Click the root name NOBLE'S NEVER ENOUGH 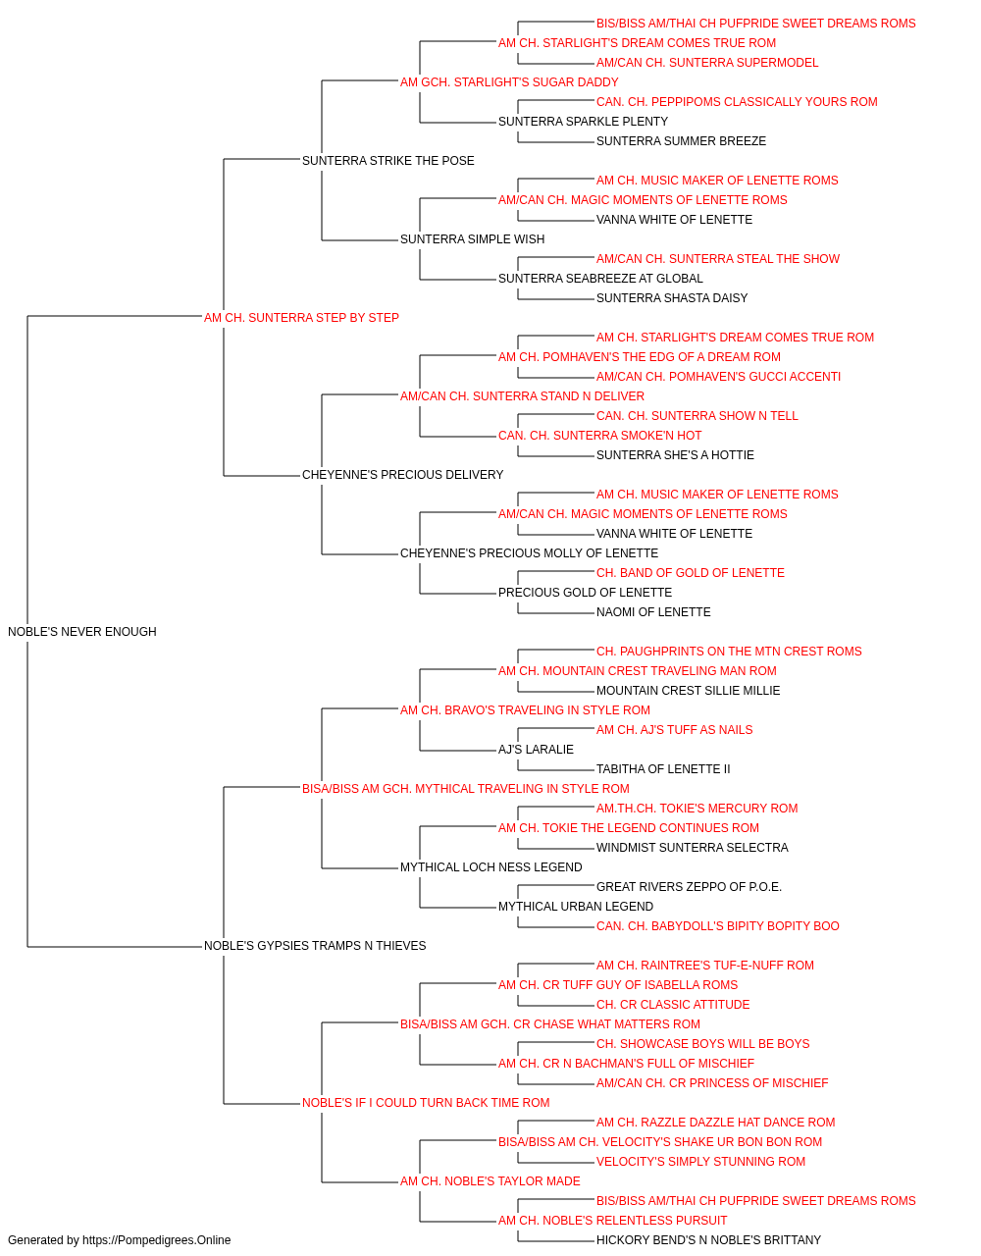[x=82, y=632]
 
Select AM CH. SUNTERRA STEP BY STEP [x=301, y=318]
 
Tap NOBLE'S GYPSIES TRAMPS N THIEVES [x=315, y=946]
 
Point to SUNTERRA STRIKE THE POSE [x=387, y=161]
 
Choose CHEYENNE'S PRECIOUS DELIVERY [x=402, y=475]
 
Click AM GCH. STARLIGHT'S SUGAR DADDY [x=509, y=82]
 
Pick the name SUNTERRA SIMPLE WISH [x=472, y=239]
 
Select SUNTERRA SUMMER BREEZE [x=681, y=141]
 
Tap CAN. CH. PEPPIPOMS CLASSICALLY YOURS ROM [x=737, y=102]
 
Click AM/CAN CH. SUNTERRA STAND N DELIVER [x=522, y=396]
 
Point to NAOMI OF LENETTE [x=653, y=612]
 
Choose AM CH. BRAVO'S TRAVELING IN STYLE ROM [x=525, y=710]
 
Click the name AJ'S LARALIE [x=536, y=750]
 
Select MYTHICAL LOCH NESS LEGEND [x=491, y=867]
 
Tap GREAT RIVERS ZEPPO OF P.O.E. [x=689, y=887]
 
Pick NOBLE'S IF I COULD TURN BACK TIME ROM [x=426, y=1103]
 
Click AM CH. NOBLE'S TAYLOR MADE [x=490, y=1181]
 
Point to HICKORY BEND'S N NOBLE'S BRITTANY [x=708, y=1240]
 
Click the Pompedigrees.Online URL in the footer [x=156, y=1240]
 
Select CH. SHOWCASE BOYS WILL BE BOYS [x=702, y=1044]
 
